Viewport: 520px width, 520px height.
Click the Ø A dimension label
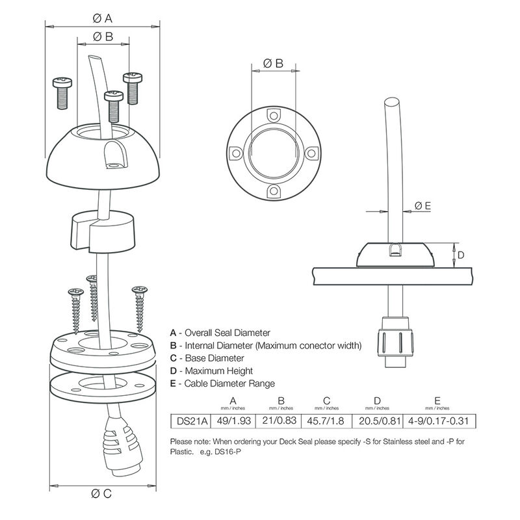click(104, 18)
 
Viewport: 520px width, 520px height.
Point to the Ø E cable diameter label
click(423, 206)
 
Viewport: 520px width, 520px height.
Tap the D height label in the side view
click(460, 255)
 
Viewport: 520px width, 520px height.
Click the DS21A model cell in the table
click(186, 421)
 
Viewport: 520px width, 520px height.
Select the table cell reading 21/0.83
click(281, 421)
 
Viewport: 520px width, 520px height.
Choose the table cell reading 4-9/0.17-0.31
click(439, 421)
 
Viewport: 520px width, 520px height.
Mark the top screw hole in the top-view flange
click(273, 116)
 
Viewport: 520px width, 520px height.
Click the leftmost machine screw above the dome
click(60, 92)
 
